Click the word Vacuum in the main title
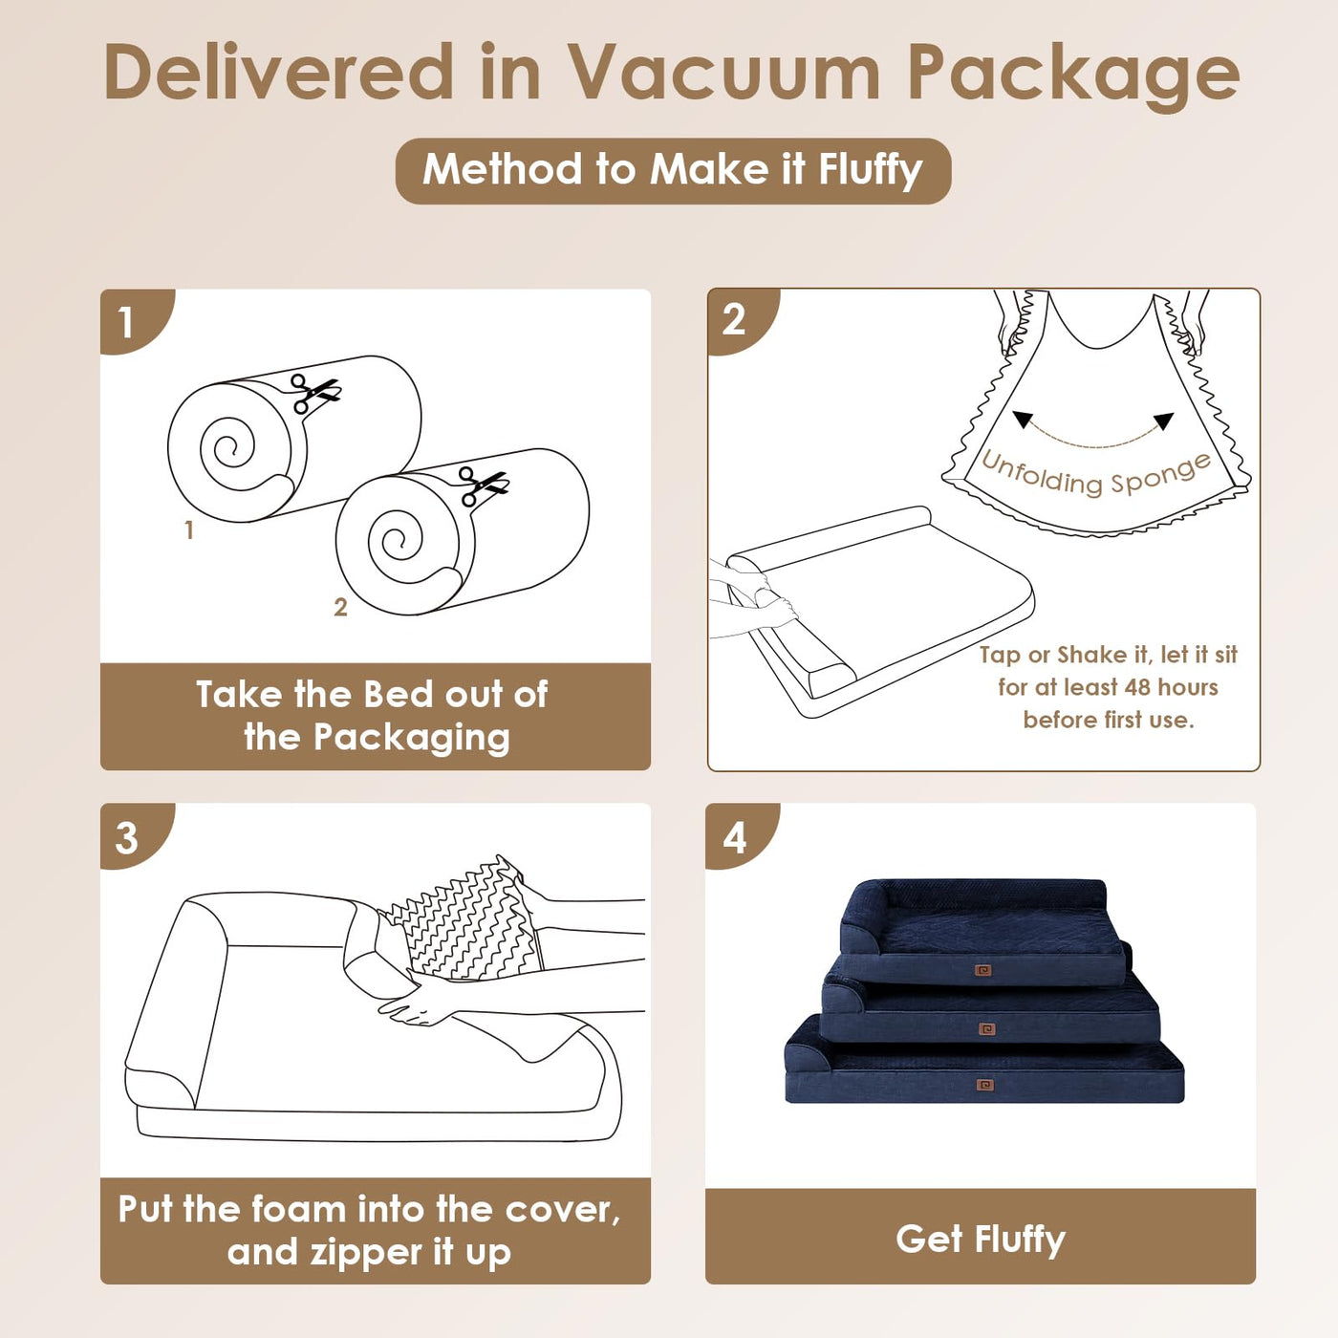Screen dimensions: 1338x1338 pyautogui.click(x=724, y=73)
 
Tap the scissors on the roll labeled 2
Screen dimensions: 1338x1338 pyautogui.click(x=484, y=486)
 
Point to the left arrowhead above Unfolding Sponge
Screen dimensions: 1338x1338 pyautogui.click(x=1022, y=419)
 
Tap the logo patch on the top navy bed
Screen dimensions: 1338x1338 pyautogui.click(x=982, y=970)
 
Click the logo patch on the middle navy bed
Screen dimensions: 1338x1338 pyautogui.click(x=985, y=1029)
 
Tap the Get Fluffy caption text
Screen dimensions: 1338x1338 pyautogui.click(x=981, y=1241)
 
